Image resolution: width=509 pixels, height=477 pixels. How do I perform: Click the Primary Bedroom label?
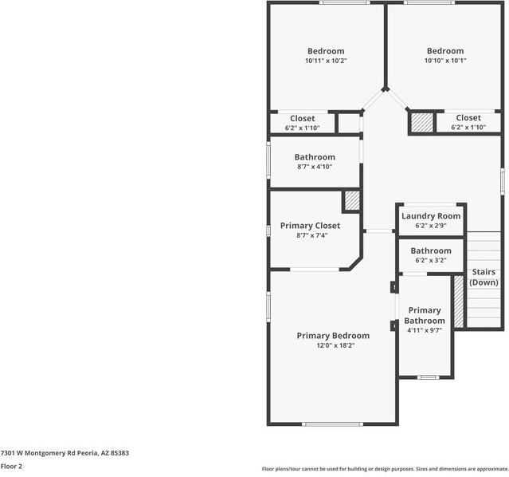click(x=333, y=336)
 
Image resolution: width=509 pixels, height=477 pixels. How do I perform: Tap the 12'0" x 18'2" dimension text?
click(x=333, y=346)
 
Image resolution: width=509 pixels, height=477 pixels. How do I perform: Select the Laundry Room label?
click(x=431, y=216)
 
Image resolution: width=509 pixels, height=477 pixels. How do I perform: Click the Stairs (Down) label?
click(x=484, y=278)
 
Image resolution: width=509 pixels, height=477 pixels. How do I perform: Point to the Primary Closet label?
click(x=310, y=226)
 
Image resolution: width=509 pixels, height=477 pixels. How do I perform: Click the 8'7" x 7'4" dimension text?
click(x=310, y=235)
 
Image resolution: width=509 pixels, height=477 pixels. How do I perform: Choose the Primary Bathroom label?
click(x=425, y=315)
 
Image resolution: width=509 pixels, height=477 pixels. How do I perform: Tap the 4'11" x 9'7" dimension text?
click(x=425, y=330)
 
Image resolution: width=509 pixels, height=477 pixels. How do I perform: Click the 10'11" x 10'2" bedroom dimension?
click(x=326, y=61)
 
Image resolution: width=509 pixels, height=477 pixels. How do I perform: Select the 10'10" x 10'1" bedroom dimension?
click(x=444, y=61)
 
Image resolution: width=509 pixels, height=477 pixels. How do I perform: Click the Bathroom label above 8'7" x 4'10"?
click(x=315, y=157)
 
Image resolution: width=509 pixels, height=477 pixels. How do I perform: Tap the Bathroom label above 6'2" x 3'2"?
click(x=431, y=250)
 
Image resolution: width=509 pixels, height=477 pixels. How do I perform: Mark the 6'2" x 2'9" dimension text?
click(x=431, y=226)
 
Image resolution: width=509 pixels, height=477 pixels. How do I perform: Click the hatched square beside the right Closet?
click(x=422, y=122)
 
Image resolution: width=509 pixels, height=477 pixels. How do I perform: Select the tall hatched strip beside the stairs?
click(x=458, y=301)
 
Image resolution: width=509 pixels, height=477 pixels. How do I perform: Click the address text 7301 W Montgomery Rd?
click(x=65, y=452)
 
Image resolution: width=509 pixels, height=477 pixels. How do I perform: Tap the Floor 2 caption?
click(x=11, y=466)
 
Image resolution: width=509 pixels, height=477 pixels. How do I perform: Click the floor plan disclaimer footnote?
click(x=385, y=469)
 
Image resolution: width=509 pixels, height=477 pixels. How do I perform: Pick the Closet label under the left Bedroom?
click(x=302, y=118)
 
